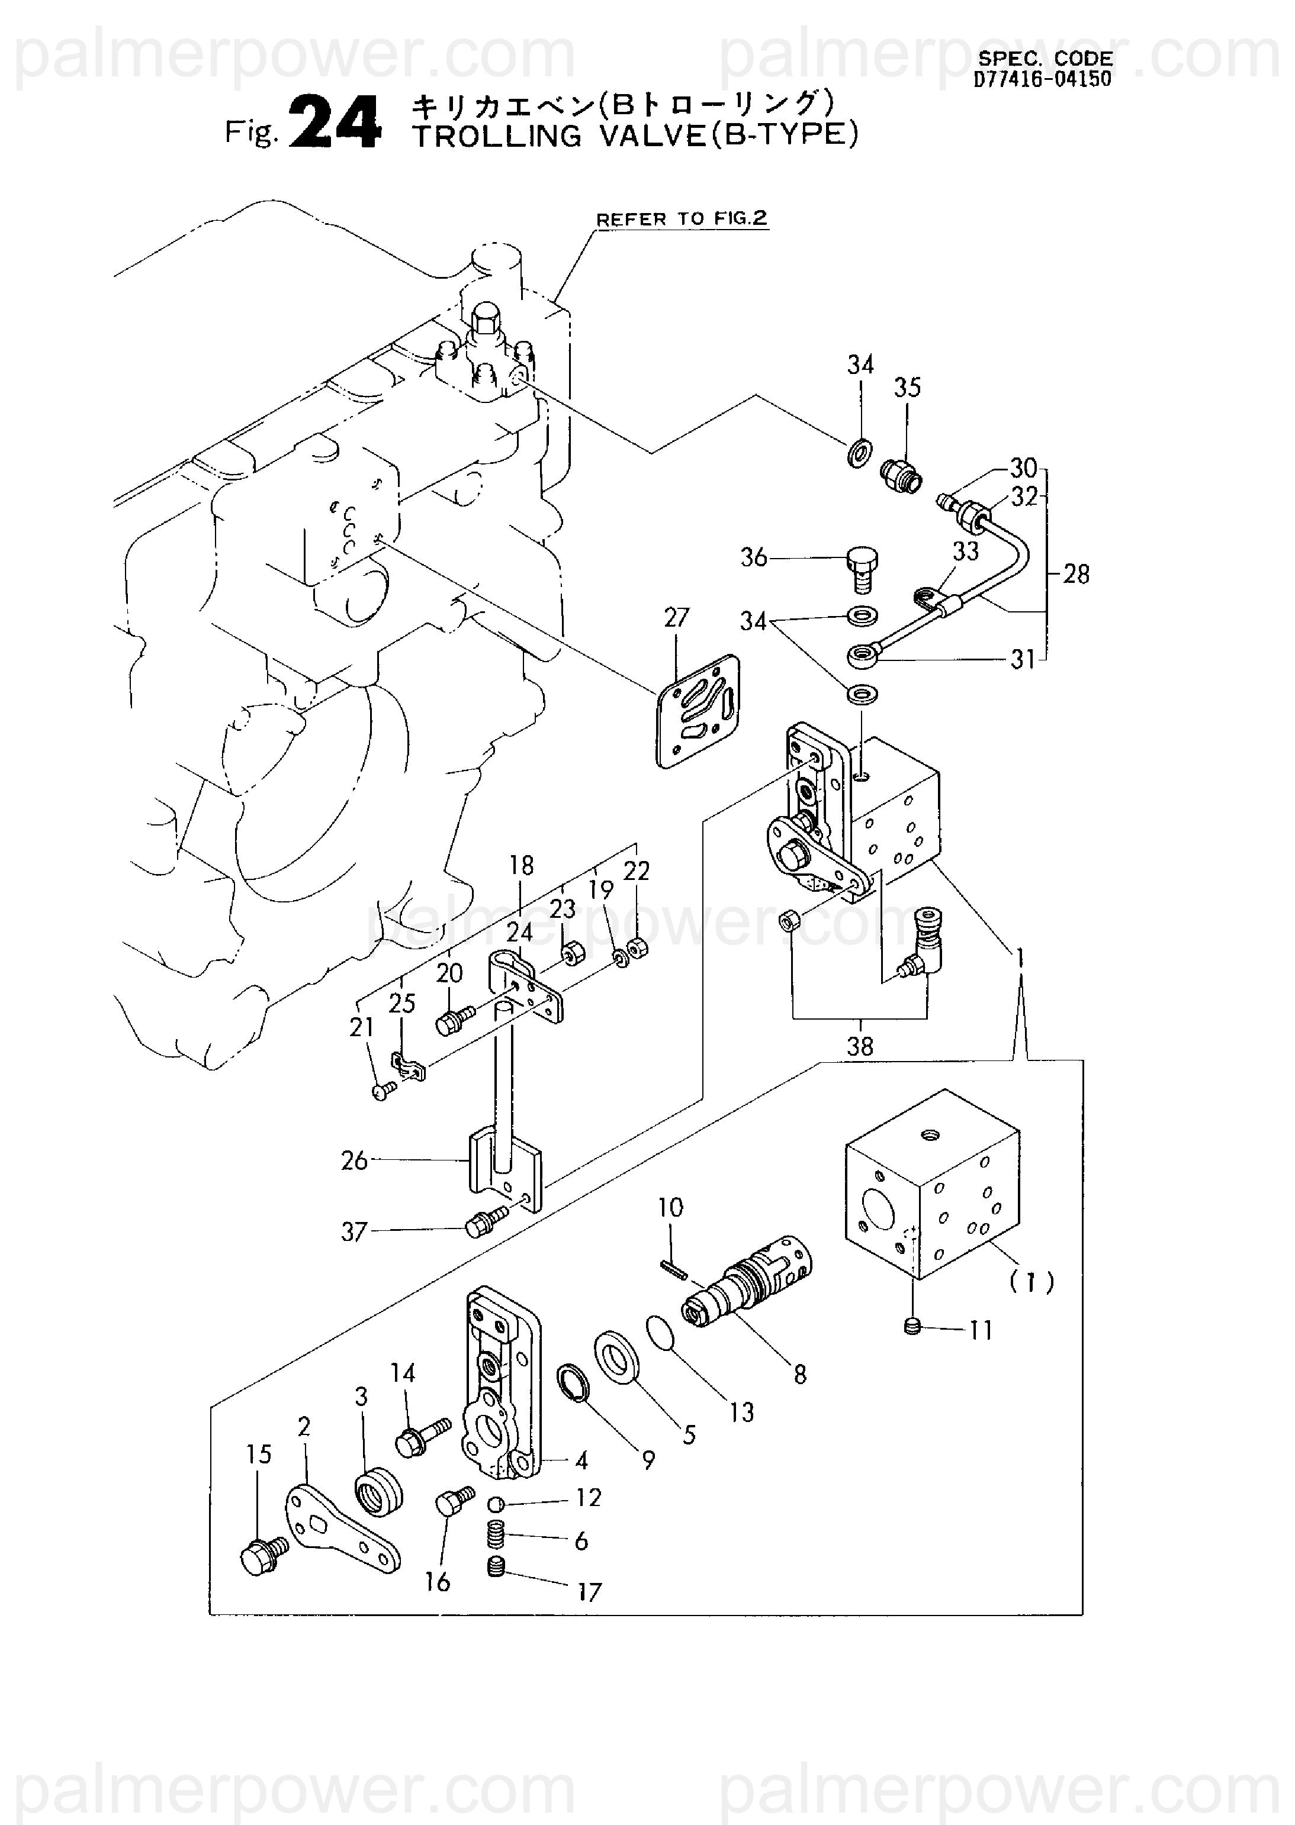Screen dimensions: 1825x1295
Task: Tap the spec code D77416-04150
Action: tap(1042, 79)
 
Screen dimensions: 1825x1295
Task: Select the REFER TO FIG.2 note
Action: tap(681, 218)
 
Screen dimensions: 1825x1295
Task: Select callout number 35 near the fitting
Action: tap(908, 388)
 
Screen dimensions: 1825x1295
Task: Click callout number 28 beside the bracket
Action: tap(1076, 574)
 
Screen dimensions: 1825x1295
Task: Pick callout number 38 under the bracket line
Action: tap(860, 1046)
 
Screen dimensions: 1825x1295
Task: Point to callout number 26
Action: tap(354, 1160)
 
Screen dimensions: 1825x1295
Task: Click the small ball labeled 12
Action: tap(495, 1504)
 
